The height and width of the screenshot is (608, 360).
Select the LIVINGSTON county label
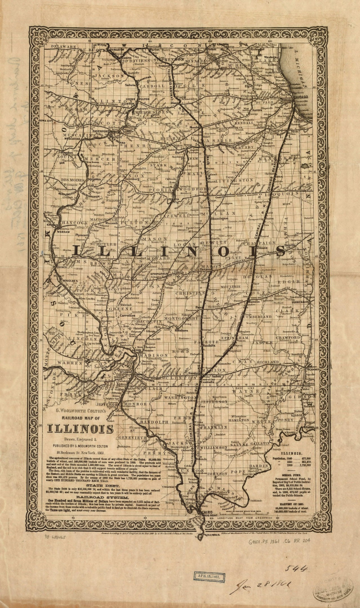(x=235, y=180)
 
